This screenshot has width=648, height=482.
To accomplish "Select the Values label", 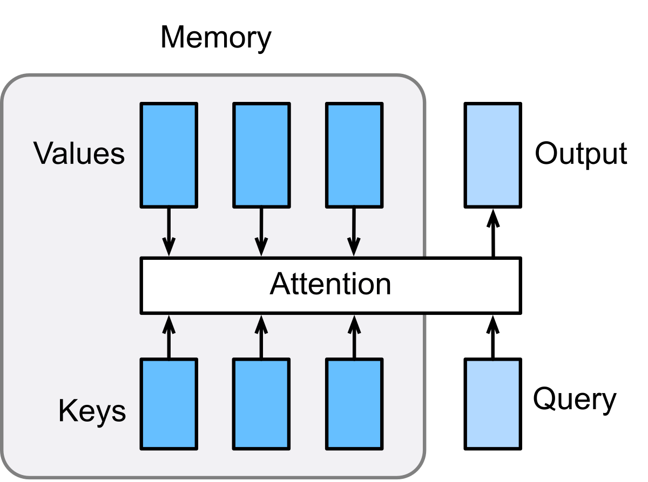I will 79,154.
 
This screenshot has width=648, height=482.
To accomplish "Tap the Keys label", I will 92,411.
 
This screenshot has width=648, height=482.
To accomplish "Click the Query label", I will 575,400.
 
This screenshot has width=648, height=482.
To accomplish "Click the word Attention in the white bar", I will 330,284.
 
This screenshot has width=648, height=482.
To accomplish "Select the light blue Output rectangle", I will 492,155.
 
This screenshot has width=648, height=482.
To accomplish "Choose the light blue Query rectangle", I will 492,404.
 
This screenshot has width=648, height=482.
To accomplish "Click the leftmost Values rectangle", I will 168,155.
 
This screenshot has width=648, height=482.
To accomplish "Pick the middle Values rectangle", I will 261,155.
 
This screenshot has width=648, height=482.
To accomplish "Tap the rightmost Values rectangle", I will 354,155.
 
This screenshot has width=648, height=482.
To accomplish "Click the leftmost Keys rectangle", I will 168,404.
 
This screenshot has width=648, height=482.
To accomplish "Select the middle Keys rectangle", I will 261,404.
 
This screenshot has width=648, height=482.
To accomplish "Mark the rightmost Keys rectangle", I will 354,404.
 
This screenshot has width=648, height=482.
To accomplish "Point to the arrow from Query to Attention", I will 492,336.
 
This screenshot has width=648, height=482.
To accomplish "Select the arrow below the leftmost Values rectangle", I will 168,232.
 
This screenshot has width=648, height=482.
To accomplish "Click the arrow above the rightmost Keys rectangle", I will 354,336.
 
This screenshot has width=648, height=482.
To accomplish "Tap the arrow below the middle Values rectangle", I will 261,232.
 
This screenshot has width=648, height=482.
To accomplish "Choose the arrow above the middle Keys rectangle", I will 261,336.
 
